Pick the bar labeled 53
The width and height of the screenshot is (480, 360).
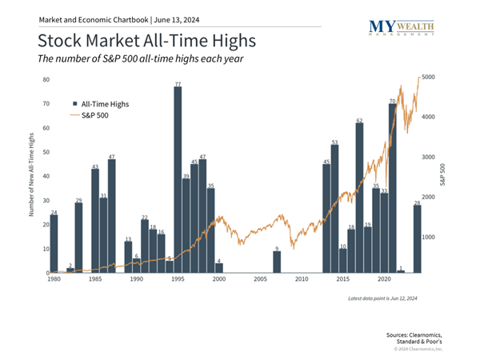334,209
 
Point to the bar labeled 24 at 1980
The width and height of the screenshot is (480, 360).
54,244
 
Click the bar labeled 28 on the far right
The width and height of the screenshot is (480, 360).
417,239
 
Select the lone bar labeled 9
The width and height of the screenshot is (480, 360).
277,262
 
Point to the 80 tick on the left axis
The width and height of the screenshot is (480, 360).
46,80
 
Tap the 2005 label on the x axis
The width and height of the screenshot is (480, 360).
260,280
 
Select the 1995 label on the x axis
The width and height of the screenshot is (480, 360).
178,280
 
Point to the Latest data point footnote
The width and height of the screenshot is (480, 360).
382,298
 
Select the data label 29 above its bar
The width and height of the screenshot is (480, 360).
78,200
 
